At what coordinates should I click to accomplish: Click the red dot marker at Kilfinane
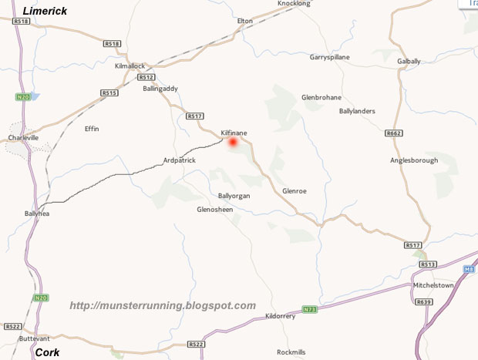tap(233, 142)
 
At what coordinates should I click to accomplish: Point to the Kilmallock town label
tap(130, 66)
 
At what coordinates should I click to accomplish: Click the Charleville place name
tap(23, 138)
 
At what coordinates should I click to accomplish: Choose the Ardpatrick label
tap(180, 160)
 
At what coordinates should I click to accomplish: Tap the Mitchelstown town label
tap(434, 284)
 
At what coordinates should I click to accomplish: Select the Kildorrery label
tap(281, 316)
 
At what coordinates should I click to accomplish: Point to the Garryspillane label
tap(329, 57)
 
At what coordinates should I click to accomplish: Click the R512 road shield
tap(147, 77)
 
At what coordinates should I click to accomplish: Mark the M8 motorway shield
tap(470, 269)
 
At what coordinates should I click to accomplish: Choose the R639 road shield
tap(423, 302)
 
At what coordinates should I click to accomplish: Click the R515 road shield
tap(109, 93)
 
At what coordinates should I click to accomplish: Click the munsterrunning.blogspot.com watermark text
tap(162, 306)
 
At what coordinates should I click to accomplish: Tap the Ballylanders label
tap(357, 111)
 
